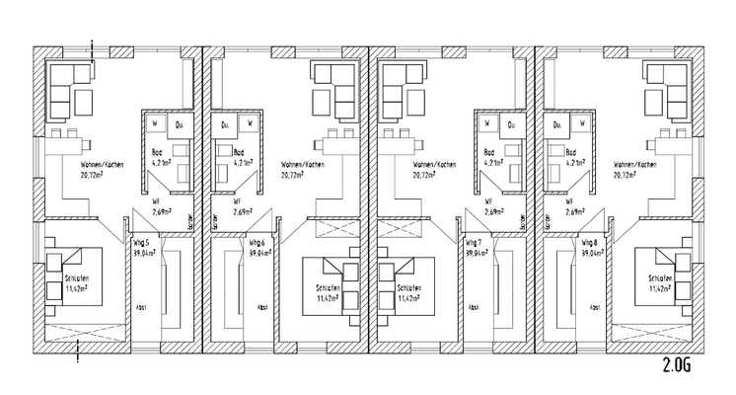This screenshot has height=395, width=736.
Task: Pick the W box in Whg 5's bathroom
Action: (156, 124)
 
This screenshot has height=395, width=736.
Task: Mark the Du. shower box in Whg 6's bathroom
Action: (224, 124)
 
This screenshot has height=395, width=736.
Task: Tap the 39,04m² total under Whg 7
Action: (475, 253)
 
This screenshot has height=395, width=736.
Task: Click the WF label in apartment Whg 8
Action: (572, 199)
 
